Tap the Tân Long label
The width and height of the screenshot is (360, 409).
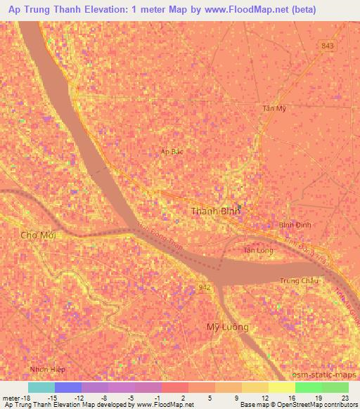click(258, 250)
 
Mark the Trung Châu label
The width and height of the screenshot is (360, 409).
click(300, 281)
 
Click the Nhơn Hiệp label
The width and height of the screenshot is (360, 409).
click(47, 368)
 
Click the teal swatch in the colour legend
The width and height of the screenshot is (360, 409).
click(41, 387)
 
